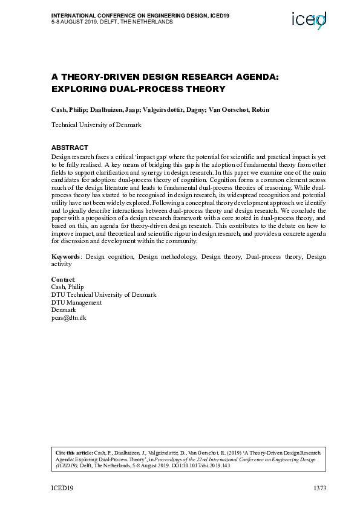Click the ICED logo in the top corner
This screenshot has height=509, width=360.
pos(309,20)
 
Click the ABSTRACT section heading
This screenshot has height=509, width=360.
pos(70,148)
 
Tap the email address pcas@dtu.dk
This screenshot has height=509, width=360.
pos(69,317)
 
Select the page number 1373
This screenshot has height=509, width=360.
pos(319,488)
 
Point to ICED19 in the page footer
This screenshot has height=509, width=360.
pos(62,488)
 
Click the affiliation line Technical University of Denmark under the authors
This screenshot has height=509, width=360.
pos(96,125)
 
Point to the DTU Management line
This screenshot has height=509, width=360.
pos(76,302)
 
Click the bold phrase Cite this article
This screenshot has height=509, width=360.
pos(74,452)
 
